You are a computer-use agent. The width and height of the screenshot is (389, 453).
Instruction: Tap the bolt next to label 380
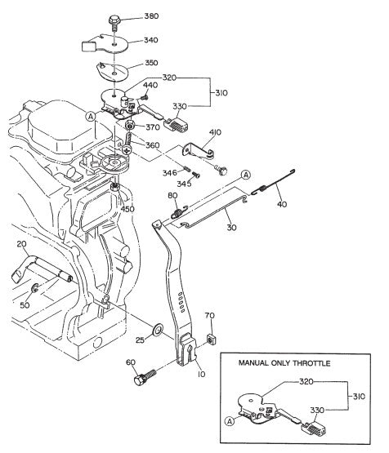114,17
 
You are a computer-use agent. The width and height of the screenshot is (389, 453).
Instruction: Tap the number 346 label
168,172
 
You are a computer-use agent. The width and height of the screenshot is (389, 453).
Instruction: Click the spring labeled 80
177,214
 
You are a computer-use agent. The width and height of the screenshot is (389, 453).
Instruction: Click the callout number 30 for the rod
232,228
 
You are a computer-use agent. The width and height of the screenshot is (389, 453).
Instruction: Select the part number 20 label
22,245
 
